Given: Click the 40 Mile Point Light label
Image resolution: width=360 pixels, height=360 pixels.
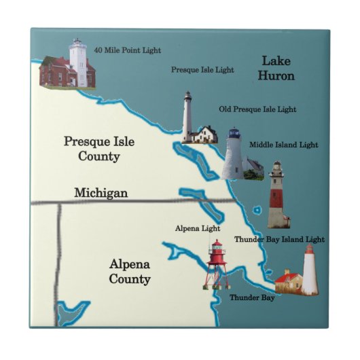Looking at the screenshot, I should [x=128, y=50].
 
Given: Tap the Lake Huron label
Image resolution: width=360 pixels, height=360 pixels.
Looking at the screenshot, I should [x=276, y=69].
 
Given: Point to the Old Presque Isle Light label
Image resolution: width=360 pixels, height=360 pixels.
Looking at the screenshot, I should [x=257, y=109].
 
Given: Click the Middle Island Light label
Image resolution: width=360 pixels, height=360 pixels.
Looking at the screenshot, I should [x=283, y=145].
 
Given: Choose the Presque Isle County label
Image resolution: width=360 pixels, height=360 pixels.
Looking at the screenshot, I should [x=99, y=149].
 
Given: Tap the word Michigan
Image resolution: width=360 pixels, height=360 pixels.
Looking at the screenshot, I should [x=101, y=193].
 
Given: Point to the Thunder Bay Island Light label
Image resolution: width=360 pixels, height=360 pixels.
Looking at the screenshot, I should [x=279, y=239].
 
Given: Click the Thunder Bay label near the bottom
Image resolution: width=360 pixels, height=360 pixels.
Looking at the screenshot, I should [x=252, y=298].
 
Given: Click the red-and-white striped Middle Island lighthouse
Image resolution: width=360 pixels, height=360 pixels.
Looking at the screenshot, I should [x=277, y=195].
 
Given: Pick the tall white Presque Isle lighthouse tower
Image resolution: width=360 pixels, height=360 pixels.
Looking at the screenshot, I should [x=187, y=117].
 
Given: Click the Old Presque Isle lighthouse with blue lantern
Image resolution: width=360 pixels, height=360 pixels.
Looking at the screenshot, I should [x=234, y=153].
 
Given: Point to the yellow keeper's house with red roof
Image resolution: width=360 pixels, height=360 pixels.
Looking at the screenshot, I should [x=288, y=280].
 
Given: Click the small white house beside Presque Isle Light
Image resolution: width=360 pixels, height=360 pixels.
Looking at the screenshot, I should [x=205, y=134].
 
